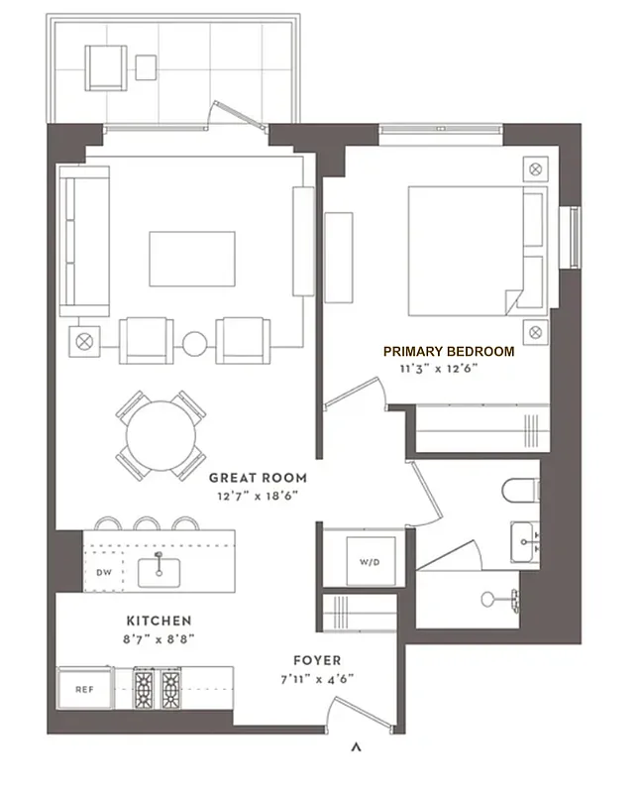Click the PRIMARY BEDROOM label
pyautogui.click(x=449, y=351)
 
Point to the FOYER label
pyautogui.click(x=317, y=660)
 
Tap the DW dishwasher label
pyautogui.click(x=103, y=572)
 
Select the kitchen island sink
pyautogui.click(x=159, y=568)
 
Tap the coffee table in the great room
pyautogui.click(x=192, y=258)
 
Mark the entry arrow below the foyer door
pyautogui.click(x=356, y=746)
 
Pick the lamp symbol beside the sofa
pyautogui.click(x=82, y=342)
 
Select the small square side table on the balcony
pyautogui.click(x=146, y=67)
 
